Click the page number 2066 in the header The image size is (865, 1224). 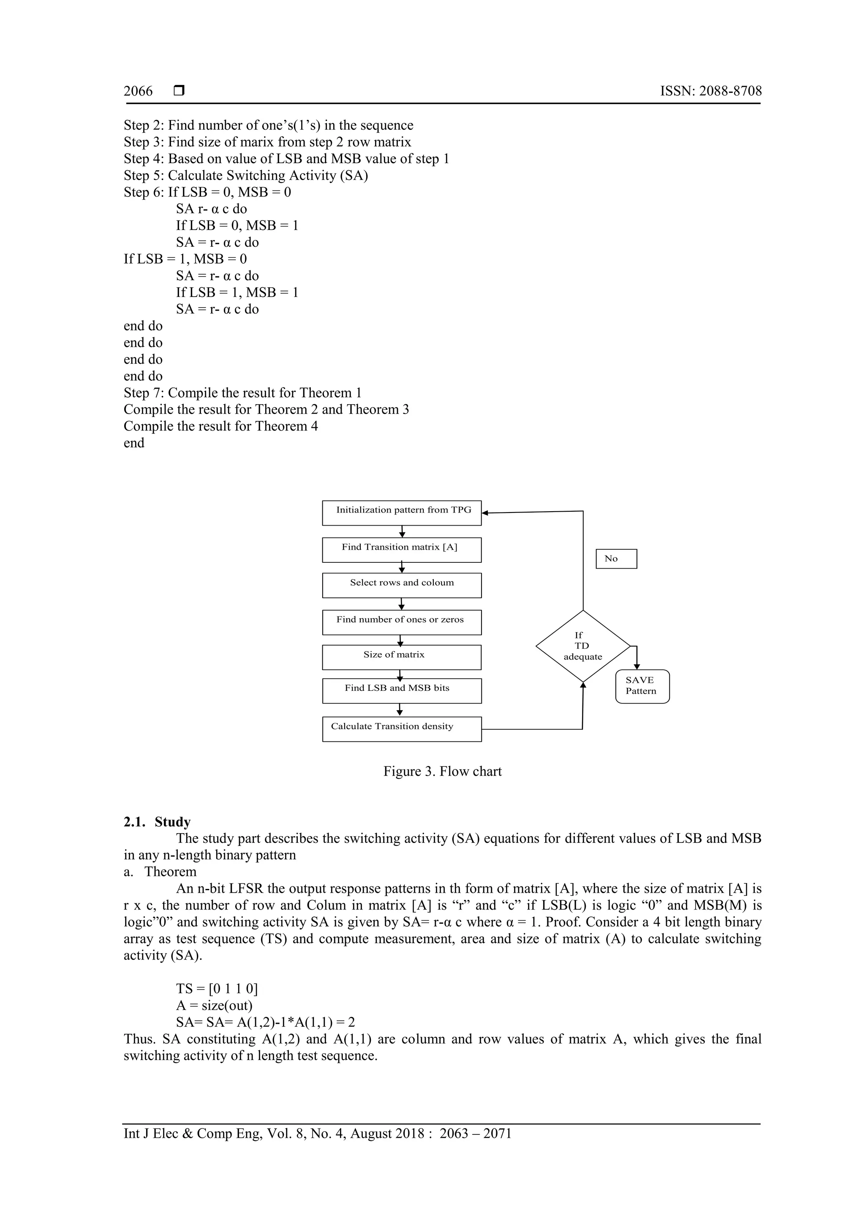coord(138,91)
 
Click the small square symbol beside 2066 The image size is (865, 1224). coord(179,91)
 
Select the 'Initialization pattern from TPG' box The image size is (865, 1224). coord(402,513)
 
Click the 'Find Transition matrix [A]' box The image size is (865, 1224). coord(402,550)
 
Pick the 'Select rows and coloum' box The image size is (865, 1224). coord(402,585)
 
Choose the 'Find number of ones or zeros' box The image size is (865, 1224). coord(402,622)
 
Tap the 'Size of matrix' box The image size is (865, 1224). coord(402,657)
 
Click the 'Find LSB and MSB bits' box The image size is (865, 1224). coord(402,691)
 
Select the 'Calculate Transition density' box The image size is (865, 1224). coord(402,729)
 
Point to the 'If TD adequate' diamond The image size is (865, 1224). coord(582,646)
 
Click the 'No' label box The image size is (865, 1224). coord(616,559)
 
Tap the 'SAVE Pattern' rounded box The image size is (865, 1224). coord(642,686)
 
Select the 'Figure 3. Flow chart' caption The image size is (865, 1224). coord(442,771)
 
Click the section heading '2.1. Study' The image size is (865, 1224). coord(157,821)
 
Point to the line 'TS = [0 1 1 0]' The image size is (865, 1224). coord(217,988)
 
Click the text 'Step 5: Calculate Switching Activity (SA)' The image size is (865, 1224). coord(246,175)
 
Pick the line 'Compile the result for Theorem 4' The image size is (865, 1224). coord(220,426)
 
